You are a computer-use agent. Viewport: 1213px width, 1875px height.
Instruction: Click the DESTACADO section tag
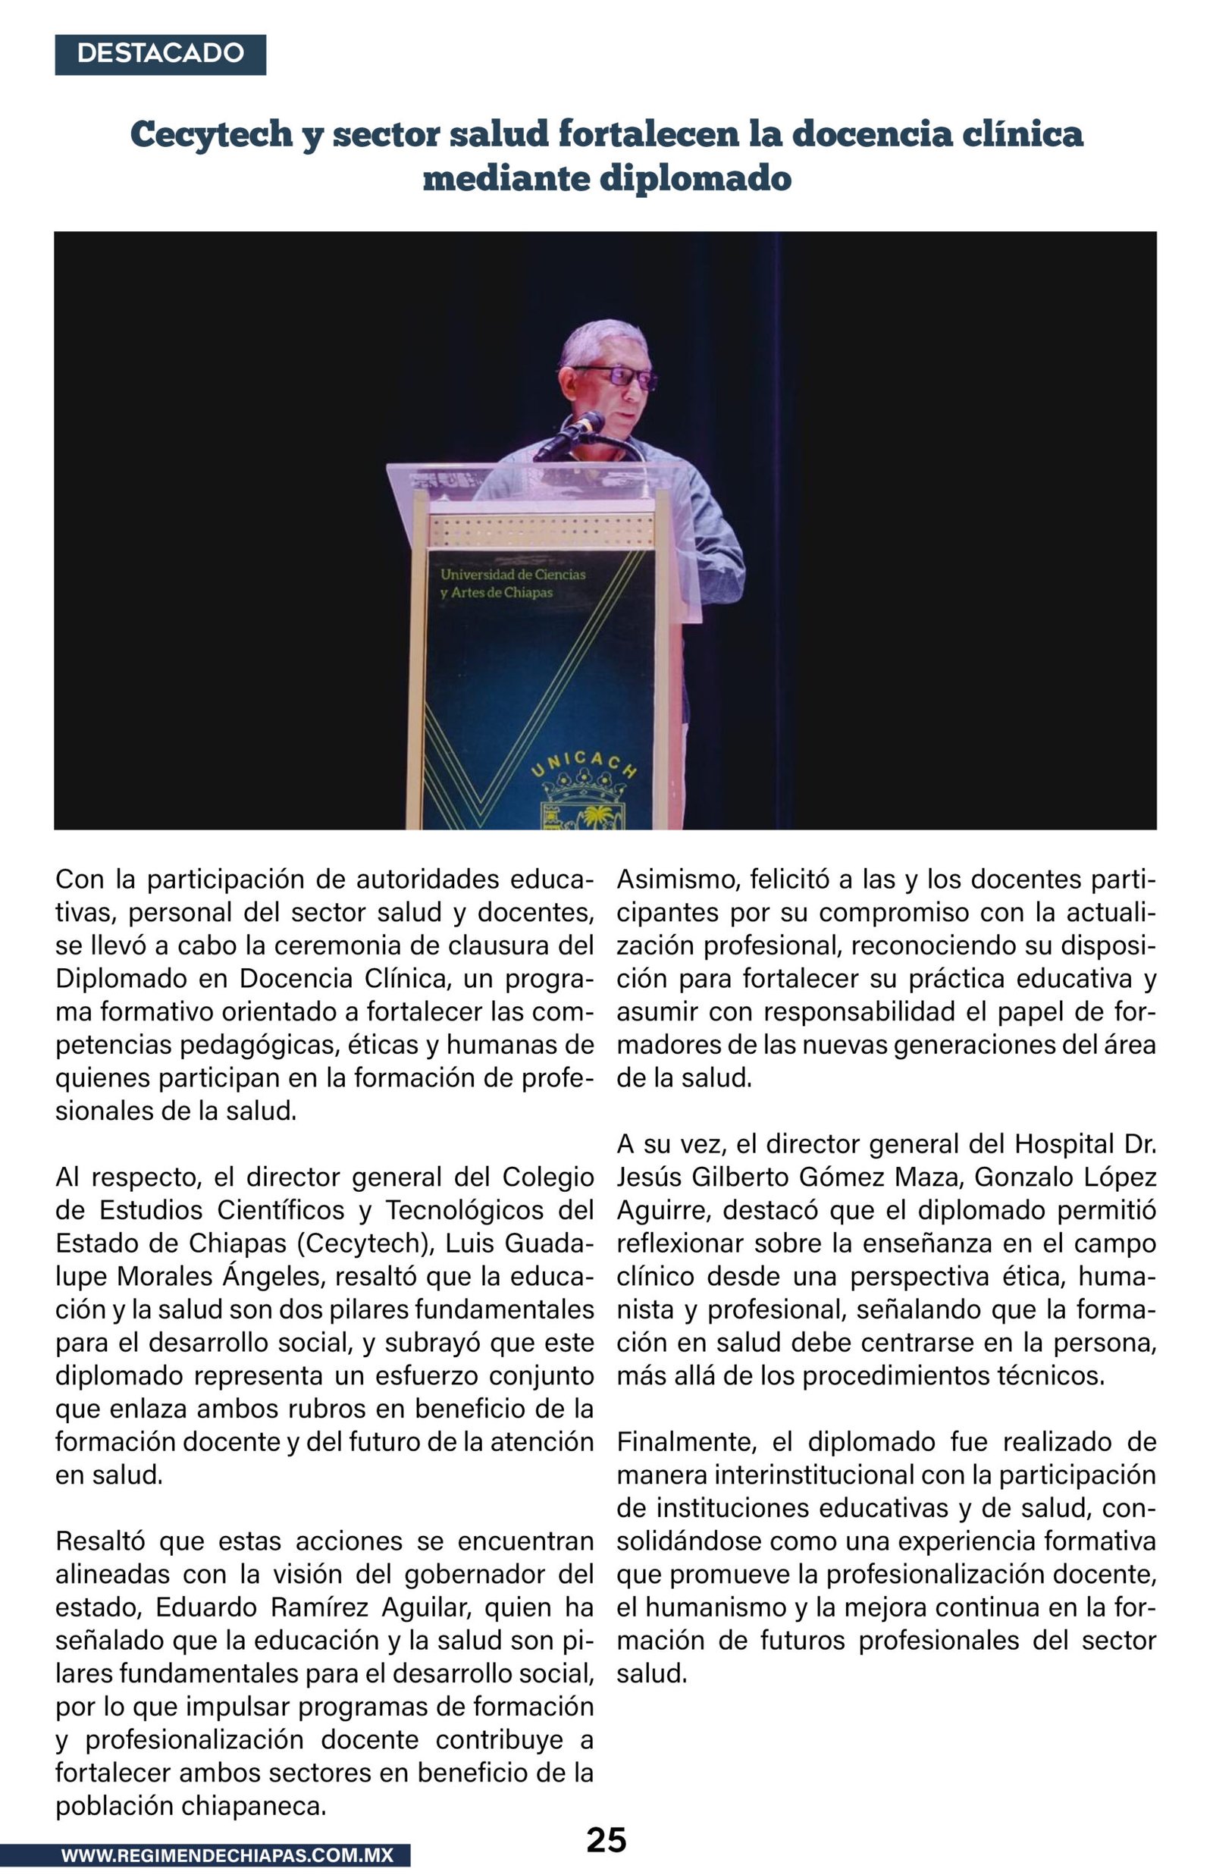(160, 54)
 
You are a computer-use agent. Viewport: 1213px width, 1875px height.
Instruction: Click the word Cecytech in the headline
(211, 134)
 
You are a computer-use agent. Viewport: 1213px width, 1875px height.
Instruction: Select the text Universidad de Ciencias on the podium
(512, 575)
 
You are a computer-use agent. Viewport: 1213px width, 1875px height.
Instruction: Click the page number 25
(606, 1839)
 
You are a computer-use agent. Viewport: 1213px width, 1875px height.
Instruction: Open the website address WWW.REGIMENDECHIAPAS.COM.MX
(227, 1855)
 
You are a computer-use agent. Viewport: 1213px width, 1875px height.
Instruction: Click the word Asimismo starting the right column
(678, 879)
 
